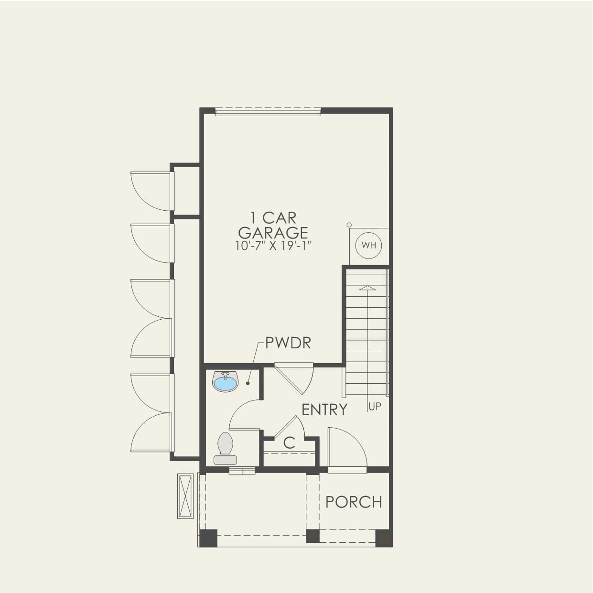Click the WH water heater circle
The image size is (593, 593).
[368, 246]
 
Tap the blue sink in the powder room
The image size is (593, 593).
[225, 382]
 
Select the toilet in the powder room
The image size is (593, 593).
[225, 449]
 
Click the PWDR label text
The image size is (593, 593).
[288, 343]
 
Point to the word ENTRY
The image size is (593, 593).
[324, 410]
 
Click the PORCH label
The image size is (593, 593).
[354, 502]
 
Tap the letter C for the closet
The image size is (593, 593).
[289, 443]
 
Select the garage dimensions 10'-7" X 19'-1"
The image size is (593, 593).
[273, 246]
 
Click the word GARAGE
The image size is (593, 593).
[273, 233]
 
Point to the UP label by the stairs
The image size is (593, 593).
[375, 407]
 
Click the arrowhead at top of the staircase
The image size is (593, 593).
[367, 288]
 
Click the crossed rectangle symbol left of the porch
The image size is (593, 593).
[185, 496]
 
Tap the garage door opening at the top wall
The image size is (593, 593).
[268, 111]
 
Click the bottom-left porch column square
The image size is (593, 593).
[208, 538]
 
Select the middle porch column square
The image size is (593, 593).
[313, 536]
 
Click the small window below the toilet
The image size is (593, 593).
[242, 471]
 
